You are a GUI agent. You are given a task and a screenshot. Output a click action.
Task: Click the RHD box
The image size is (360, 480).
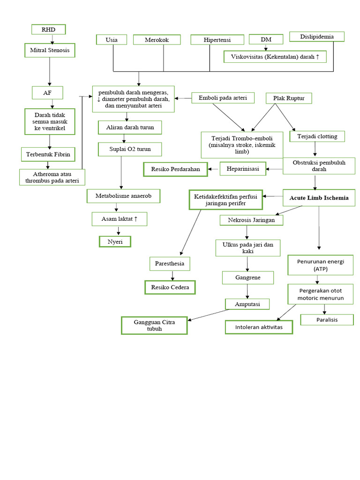(48, 29)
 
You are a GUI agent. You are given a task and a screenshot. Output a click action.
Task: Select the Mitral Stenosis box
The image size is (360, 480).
(49, 50)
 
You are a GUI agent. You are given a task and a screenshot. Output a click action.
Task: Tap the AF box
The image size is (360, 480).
(47, 92)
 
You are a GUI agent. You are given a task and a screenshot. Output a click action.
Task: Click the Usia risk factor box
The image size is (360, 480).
(112, 40)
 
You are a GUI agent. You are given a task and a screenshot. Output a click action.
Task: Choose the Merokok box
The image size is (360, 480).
(157, 40)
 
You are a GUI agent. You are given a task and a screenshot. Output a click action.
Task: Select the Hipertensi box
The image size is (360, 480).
(217, 40)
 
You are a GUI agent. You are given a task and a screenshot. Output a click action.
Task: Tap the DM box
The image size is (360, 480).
(266, 39)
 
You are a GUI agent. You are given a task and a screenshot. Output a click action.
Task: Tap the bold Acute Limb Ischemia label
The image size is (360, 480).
(319, 198)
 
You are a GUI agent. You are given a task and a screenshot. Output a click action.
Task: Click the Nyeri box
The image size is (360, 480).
(115, 241)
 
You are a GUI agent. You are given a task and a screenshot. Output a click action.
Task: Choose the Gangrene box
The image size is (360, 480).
(247, 277)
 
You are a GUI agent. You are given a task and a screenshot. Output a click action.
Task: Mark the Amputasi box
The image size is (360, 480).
(247, 304)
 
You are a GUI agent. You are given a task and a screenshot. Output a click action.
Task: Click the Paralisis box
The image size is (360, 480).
(327, 320)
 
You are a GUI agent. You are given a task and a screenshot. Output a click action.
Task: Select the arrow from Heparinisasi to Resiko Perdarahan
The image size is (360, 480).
(214, 168)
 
